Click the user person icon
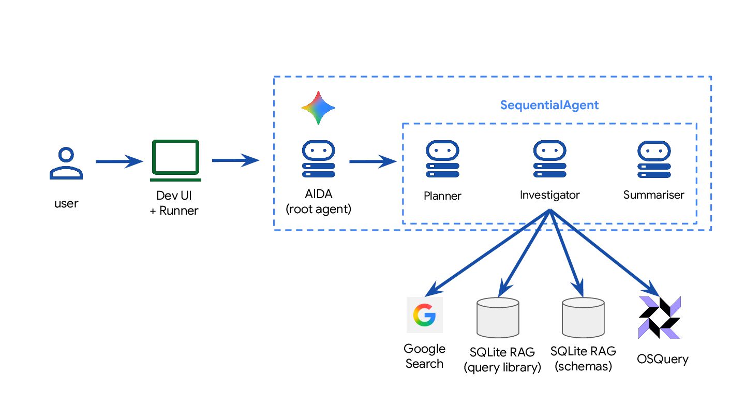click(66, 163)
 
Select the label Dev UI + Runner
click(174, 203)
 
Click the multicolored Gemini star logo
click(318, 108)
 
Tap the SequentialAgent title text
click(549, 106)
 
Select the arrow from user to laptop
click(118, 162)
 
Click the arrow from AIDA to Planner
click(373, 162)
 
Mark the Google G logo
click(424, 315)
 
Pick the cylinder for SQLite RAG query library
click(497, 316)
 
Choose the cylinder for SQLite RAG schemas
click(584, 316)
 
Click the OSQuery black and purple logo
click(660, 317)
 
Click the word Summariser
click(653, 195)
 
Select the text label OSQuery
click(663, 358)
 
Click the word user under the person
click(66, 203)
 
